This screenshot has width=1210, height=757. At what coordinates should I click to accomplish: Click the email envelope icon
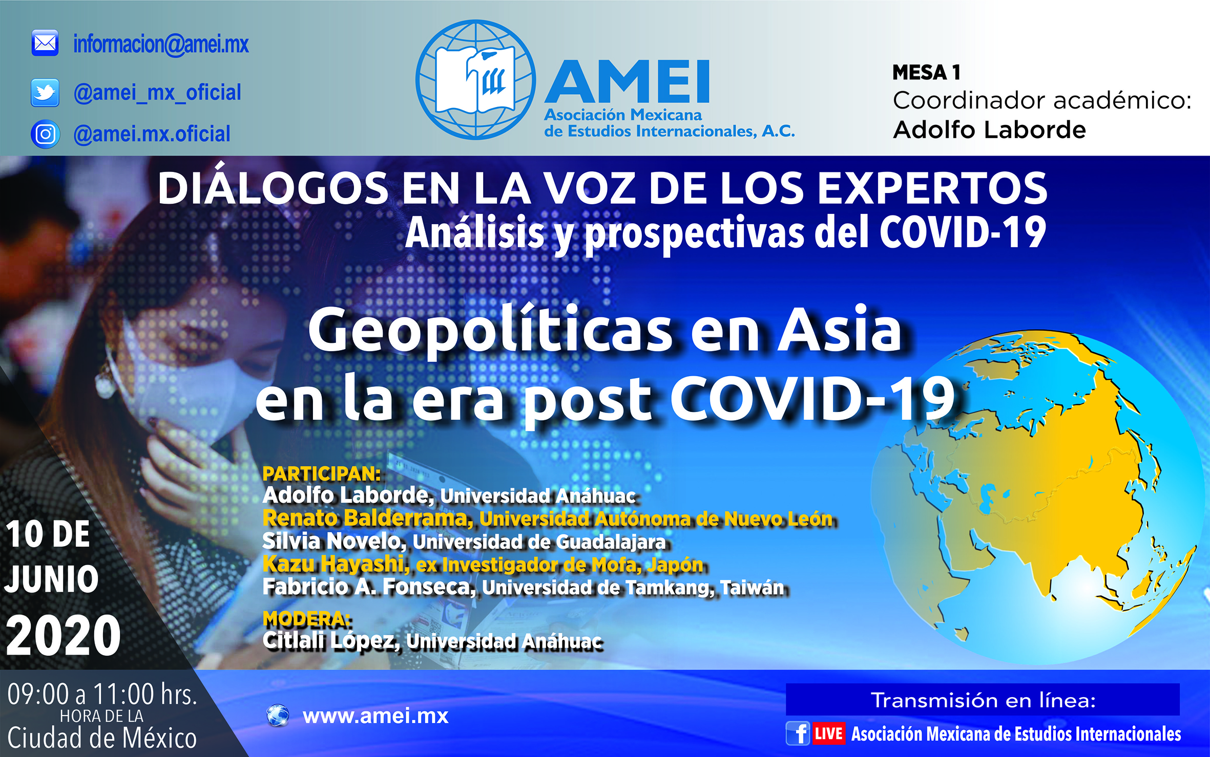(45, 43)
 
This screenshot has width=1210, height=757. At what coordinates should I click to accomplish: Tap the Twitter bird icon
(45, 93)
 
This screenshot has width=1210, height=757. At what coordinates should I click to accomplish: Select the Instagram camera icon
(45, 134)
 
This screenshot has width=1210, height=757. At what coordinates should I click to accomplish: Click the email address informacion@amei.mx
(161, 44)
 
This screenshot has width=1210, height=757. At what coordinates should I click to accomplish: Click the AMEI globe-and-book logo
(475, 80)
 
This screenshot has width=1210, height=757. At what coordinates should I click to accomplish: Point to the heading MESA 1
(926, 73)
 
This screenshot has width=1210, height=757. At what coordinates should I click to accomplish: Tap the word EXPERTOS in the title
(932, 188)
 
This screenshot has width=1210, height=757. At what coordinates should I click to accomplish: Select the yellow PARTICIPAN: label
(322, 474)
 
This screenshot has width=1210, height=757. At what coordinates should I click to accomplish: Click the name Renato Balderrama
(368, 518)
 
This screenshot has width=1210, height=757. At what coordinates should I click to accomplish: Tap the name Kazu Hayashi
(336, 564)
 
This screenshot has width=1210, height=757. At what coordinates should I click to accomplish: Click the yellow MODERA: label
(307, 619)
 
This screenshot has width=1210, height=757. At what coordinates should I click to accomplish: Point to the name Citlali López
(331, 640)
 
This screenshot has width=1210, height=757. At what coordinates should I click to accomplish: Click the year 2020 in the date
(64, 635)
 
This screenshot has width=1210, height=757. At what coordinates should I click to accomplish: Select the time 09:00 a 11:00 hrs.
(102, 694)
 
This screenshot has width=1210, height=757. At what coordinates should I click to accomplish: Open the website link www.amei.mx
(375, 716)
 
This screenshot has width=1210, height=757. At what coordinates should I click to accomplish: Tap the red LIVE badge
(828, 733)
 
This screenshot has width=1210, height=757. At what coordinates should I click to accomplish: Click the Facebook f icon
(798, 733)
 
